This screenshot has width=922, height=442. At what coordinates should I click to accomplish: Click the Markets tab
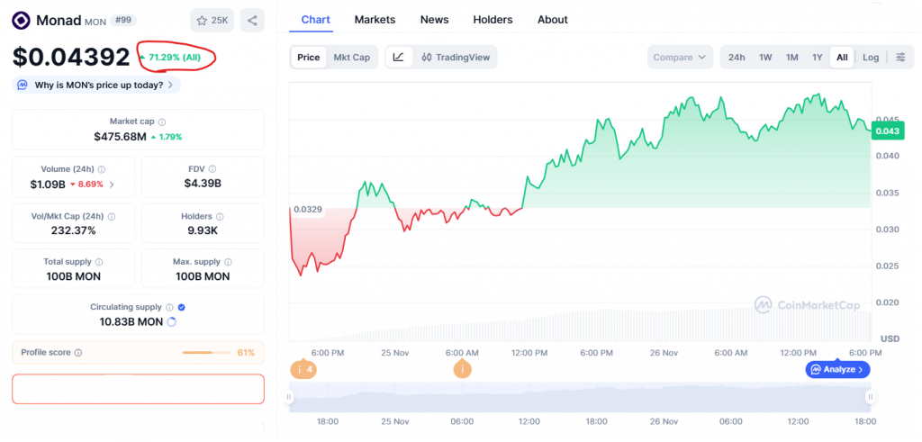375,19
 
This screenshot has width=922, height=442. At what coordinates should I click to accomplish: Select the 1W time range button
765,58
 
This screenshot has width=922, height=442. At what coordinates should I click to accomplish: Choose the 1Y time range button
818,58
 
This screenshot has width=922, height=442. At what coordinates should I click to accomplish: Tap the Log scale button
871,58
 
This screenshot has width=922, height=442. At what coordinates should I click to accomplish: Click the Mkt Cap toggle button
351,58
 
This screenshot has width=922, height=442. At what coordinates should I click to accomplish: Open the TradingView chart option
456,58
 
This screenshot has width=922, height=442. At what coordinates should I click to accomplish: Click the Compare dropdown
680,58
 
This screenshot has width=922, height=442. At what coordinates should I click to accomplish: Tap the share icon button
253,20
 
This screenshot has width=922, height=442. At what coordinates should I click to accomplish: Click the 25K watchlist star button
212,20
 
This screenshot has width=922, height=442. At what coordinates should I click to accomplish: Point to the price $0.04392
71,57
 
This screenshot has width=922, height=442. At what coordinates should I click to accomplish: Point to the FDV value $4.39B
203,184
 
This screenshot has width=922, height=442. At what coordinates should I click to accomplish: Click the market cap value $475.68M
120,137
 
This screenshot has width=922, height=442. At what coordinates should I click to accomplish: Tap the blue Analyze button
837,369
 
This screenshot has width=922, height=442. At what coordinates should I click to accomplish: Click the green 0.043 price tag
887,131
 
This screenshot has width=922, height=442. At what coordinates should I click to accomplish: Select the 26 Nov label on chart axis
664,353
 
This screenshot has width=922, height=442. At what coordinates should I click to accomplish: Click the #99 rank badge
124,19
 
